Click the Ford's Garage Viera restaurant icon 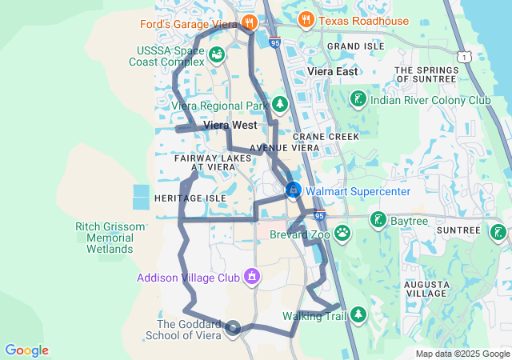coord(250,22)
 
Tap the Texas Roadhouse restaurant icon coord(305,19)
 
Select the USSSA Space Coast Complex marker coord(217,54)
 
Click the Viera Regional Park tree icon coord(280,104)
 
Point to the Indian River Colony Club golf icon coord(358,99)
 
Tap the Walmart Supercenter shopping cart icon coord(294,190)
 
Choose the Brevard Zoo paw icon coord(342,233)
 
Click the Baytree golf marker coord(377,219)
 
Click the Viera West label coord(230,126)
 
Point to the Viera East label coord(333,72)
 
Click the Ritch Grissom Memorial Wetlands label coord(110,238)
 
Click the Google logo coord(27,350)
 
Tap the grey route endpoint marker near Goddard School coord(233,327)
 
